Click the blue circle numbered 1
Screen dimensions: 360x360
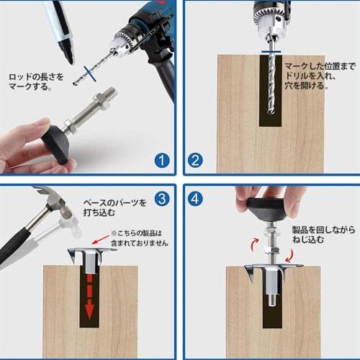[163, 160]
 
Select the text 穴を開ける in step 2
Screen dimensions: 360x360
[306, 85]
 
